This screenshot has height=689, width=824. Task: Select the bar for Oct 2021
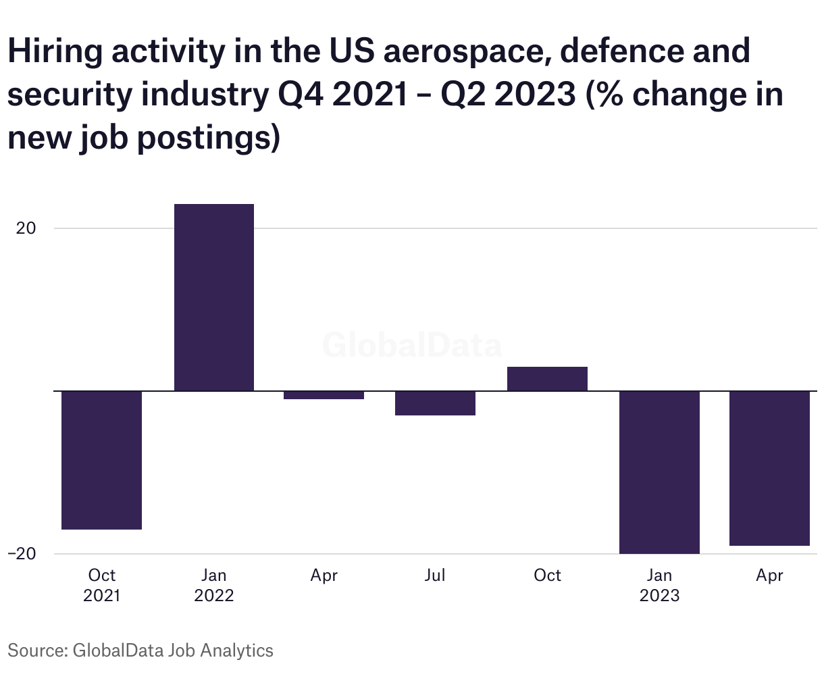101,460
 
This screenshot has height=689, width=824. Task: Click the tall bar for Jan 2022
214,297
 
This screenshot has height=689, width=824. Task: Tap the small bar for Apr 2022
324,395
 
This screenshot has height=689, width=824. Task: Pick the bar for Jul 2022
435,403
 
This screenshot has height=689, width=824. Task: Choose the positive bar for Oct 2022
547,379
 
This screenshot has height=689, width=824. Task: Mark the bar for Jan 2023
659,472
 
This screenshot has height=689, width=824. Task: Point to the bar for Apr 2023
769,468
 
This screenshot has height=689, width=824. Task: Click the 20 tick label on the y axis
26,228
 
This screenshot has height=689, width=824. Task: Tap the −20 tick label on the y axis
22,553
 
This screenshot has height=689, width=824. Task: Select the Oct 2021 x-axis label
102,585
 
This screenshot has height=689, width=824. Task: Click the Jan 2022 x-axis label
214,585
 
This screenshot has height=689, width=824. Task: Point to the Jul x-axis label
435,575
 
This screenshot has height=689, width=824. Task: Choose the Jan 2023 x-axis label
659,585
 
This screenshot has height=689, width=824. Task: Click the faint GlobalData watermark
412,345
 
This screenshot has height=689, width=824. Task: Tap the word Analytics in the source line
237,650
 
